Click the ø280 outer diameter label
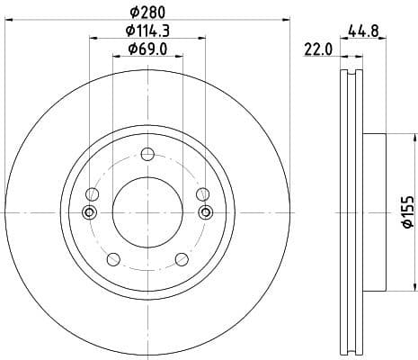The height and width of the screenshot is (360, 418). coord(147,12)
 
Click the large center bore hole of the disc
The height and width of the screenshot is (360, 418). coord(147,212)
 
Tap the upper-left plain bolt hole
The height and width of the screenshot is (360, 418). coord(92,194)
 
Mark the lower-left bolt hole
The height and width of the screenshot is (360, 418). coord(112,259)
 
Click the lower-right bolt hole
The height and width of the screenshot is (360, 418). coord(181,259)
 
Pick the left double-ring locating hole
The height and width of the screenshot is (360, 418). coord(89,212)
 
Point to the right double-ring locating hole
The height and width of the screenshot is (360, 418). coord(205,212)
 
